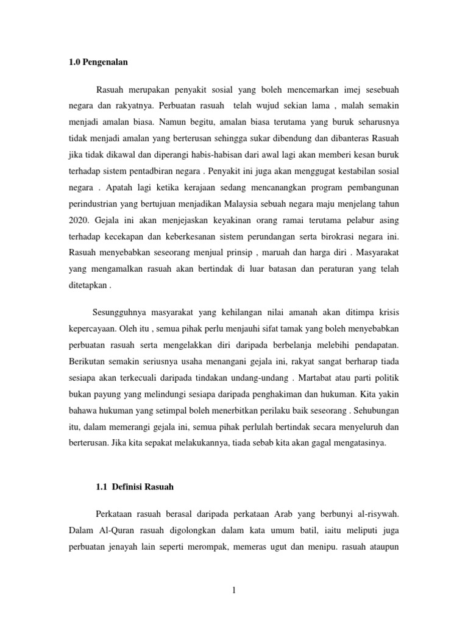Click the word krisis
[388, 313]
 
